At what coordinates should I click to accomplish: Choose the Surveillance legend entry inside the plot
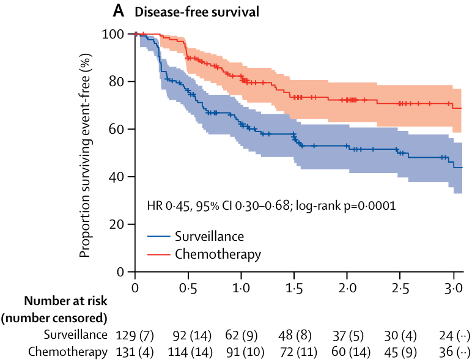209,237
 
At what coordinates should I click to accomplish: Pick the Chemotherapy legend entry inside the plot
218,254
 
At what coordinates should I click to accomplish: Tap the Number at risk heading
65,301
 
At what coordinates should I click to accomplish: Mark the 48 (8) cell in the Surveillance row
294,335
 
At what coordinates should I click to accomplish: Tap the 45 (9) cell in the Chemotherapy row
400,352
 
